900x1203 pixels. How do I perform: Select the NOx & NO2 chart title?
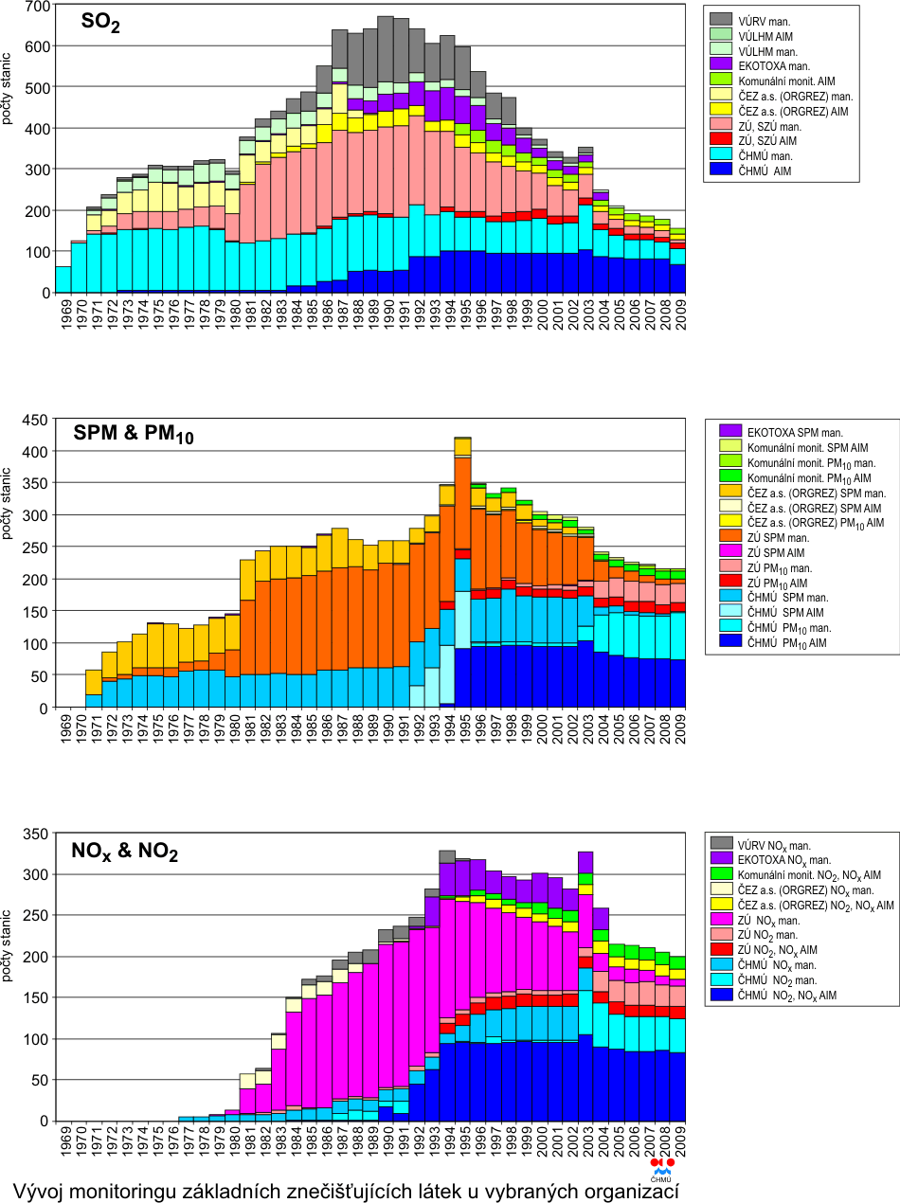pos(125,852)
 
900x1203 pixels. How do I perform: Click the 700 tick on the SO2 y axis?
pos(37,6)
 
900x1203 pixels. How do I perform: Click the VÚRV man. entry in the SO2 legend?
pos(765,18)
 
